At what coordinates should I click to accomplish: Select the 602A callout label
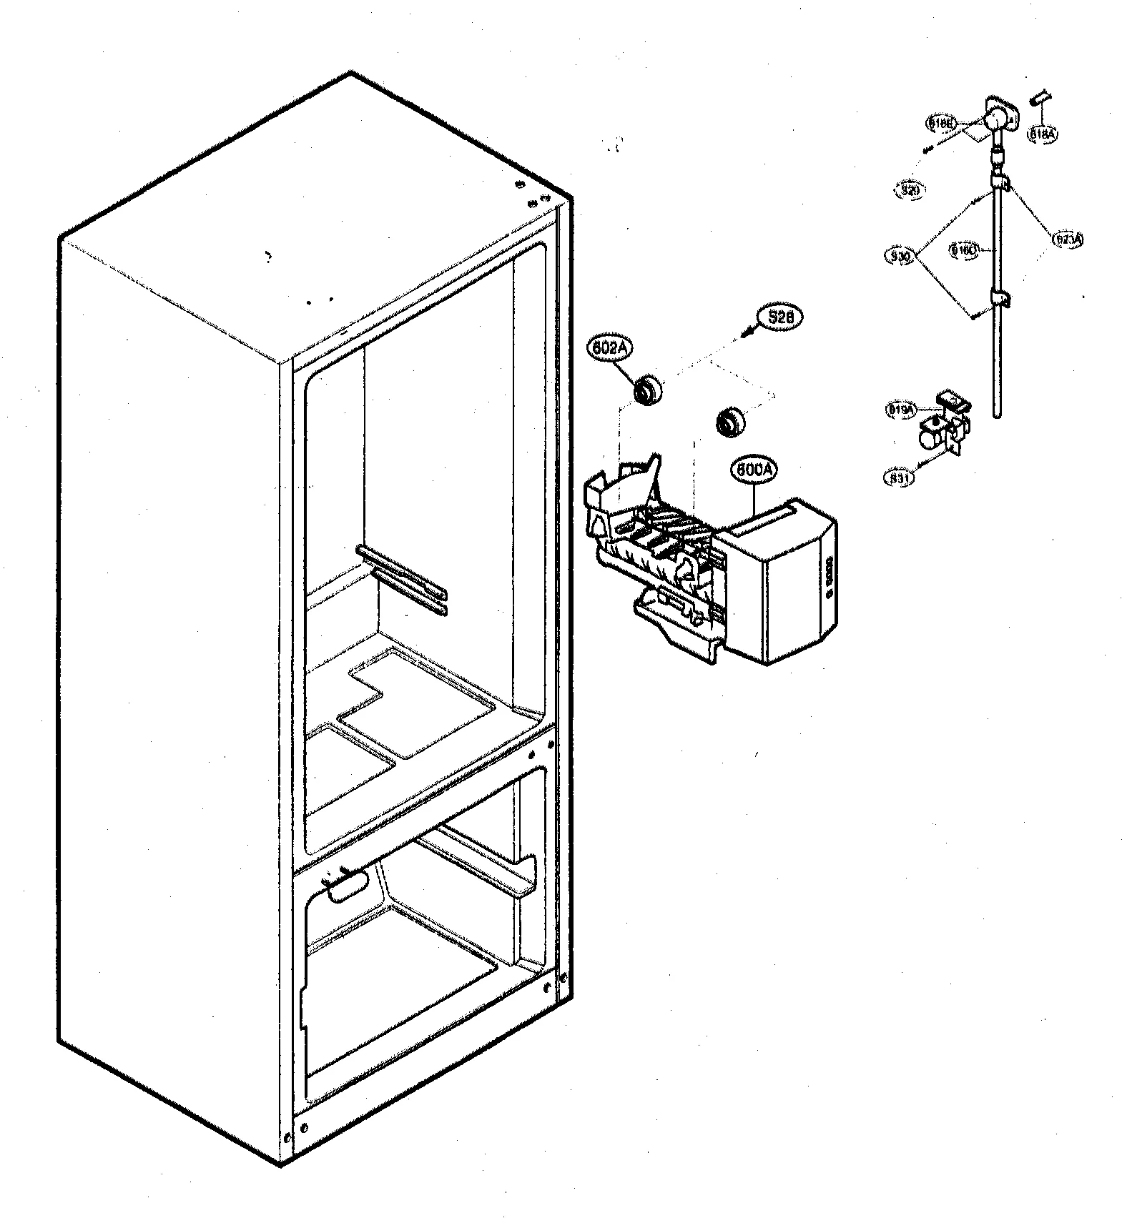pyautogui.click(x=609, y=350)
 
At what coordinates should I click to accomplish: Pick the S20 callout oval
pyautogui.click(x=909, y=190)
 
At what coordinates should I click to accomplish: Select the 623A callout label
pyautogui.click(x=1068, y=239)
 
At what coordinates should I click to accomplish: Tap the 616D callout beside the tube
pyautogui.click(x=963, y=249)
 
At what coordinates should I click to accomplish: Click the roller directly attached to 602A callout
pyautogui.click(x=649, y=391)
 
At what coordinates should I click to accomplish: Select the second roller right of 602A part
pyautogui.click(x=729, y=422)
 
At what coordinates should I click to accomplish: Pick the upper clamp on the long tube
pyautogui.click(x=1003, y=184)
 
